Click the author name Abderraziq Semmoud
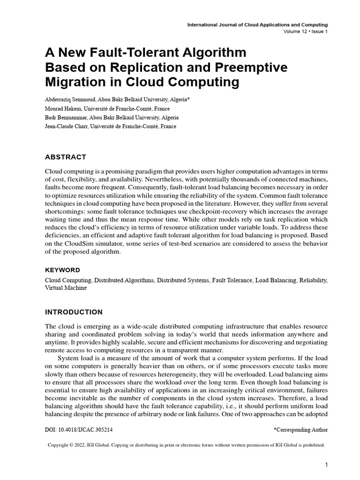[x=70, y=100]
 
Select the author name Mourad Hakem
[x=62, y=109]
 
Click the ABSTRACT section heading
[x=65, y=157]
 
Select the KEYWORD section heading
[x=62, y=270]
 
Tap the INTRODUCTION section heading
[x=74, y=312]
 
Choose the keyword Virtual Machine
[x=66, y=288]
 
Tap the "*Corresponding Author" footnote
[x=300, y=429]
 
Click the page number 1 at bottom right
[x=326, y=465]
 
